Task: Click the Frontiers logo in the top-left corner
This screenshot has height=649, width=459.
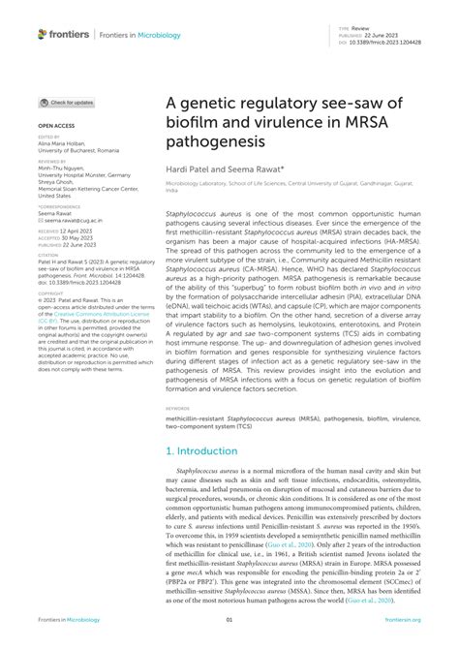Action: [63, 35]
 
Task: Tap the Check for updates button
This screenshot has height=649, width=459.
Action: [67, 102]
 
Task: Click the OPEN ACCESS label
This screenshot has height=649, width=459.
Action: [58, 126]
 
